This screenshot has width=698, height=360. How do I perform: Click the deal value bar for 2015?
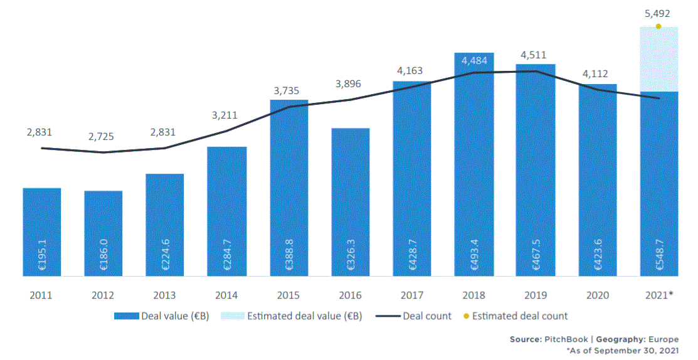pyautogui.click(x=289, y=188)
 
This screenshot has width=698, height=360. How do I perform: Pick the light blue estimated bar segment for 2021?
pyautogui.click(x=658, y=60)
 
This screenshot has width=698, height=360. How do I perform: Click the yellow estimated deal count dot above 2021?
pyautogui.click(x=658, y=26)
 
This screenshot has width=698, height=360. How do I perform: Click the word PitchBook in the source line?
pyautogui.click(x=561, y=339)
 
